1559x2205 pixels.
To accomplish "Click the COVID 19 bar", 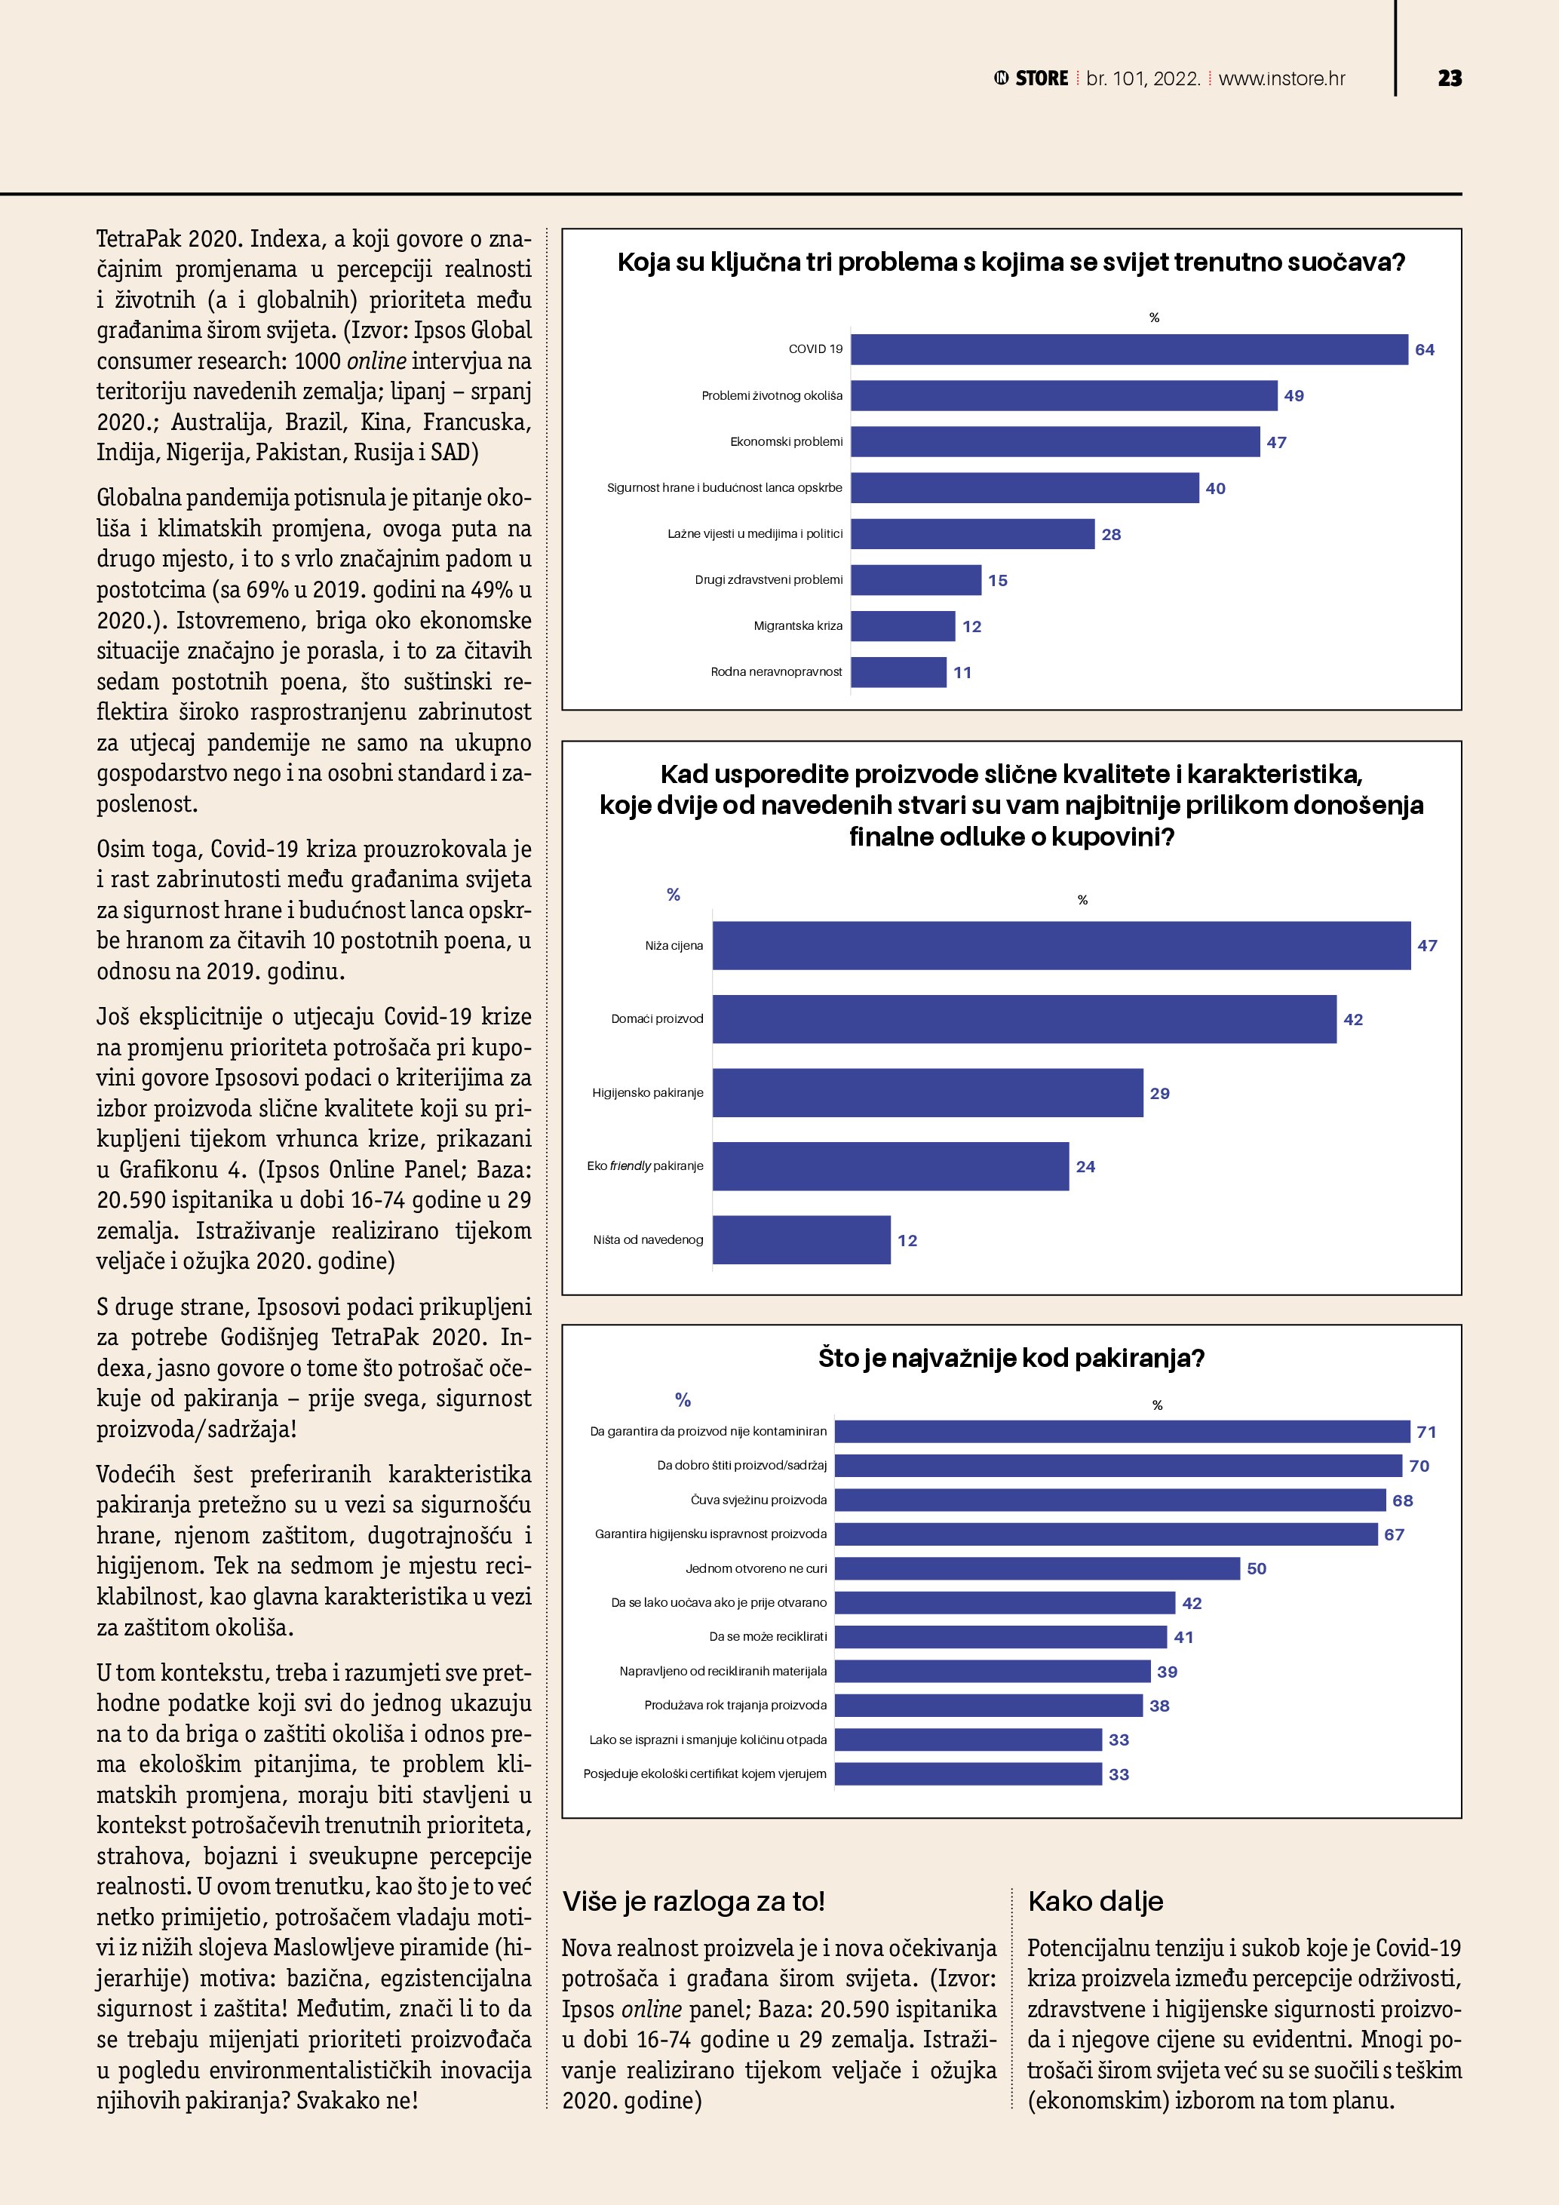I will (1129, 349).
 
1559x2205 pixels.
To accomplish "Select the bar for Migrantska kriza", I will (902, 626).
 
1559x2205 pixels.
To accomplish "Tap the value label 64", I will (1425, 349).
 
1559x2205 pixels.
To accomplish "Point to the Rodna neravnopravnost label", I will (775, 672).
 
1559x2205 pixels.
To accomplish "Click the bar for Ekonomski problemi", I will (1055, 442).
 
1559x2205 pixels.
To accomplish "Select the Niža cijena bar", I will (1060, 946).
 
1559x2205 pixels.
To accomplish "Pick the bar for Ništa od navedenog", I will (802, 1240).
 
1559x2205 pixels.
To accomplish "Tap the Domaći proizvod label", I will (657, 1019).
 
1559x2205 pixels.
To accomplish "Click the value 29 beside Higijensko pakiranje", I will (1160, 1093).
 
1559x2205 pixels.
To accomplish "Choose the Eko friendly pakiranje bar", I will (890, 1167).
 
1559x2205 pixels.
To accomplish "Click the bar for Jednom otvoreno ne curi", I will (1037, 1568).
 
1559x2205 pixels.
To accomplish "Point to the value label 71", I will (1426, 1432).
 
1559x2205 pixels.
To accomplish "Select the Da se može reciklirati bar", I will (1000, 1636).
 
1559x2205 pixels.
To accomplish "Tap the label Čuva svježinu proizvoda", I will (758, 1500).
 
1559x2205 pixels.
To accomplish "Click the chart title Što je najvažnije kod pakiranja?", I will (1011, 1358).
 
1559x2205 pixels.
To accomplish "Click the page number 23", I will (1450, 78).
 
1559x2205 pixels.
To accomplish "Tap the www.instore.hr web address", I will (1281, 78).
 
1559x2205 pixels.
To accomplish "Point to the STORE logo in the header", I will (1031, 78).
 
